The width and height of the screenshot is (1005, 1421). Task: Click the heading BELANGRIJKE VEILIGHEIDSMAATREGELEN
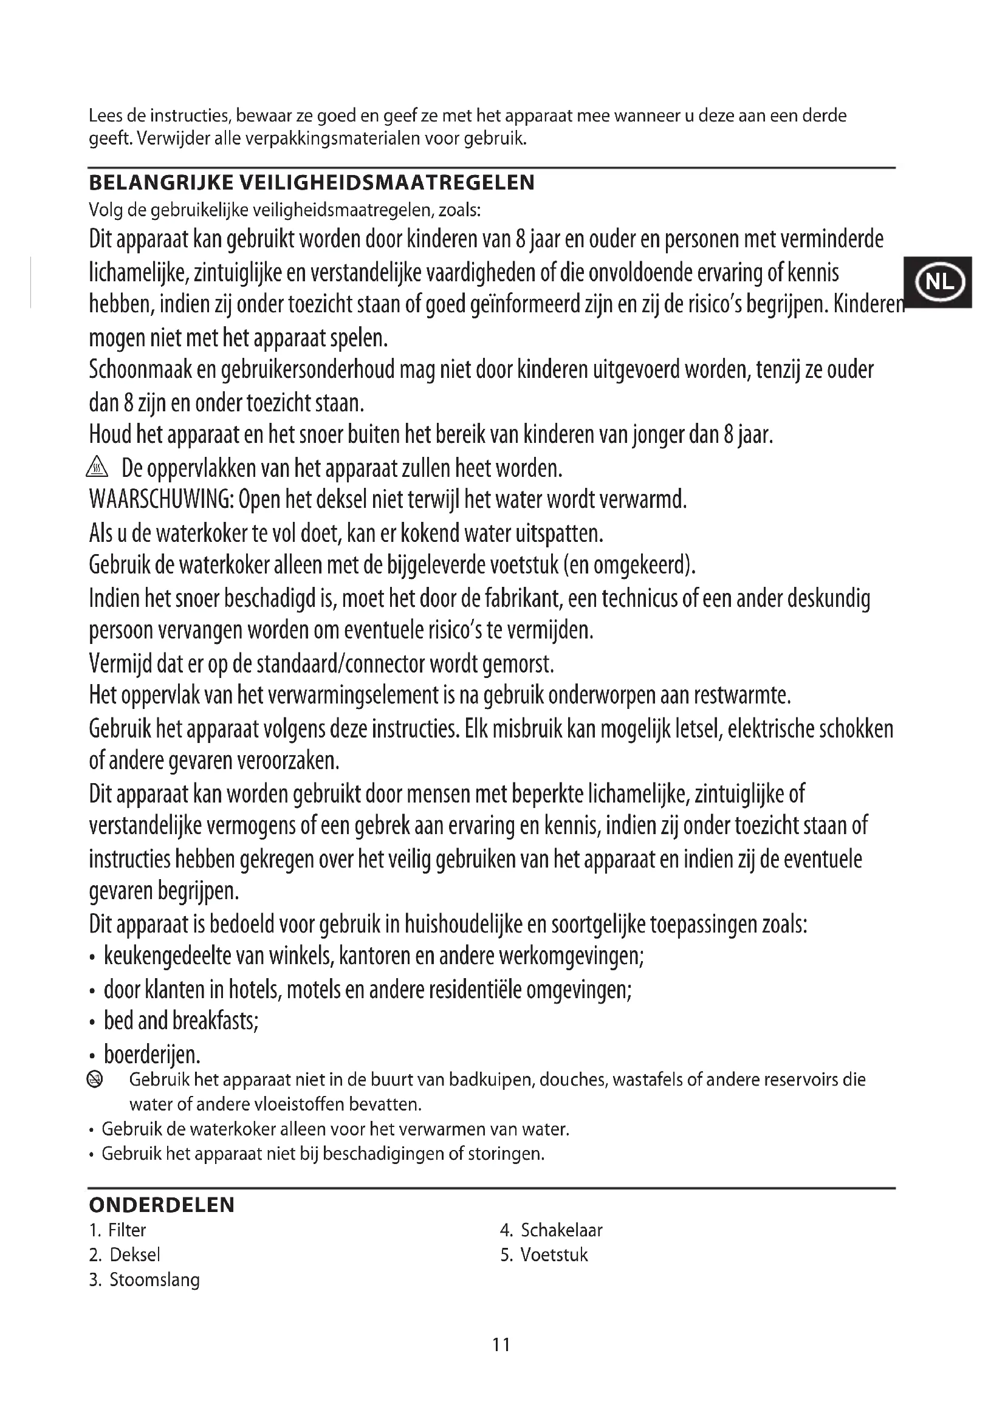[312, 183]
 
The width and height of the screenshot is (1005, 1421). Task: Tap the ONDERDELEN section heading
[162, 1205]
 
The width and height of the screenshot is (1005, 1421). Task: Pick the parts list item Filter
[127, 1230]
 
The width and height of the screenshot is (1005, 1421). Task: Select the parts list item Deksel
[134, 1255]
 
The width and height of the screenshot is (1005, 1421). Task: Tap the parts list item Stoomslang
[154, 1280]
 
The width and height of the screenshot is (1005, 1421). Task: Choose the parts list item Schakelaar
[561, 1230]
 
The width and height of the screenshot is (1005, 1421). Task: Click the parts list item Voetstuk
[554, 1255]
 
